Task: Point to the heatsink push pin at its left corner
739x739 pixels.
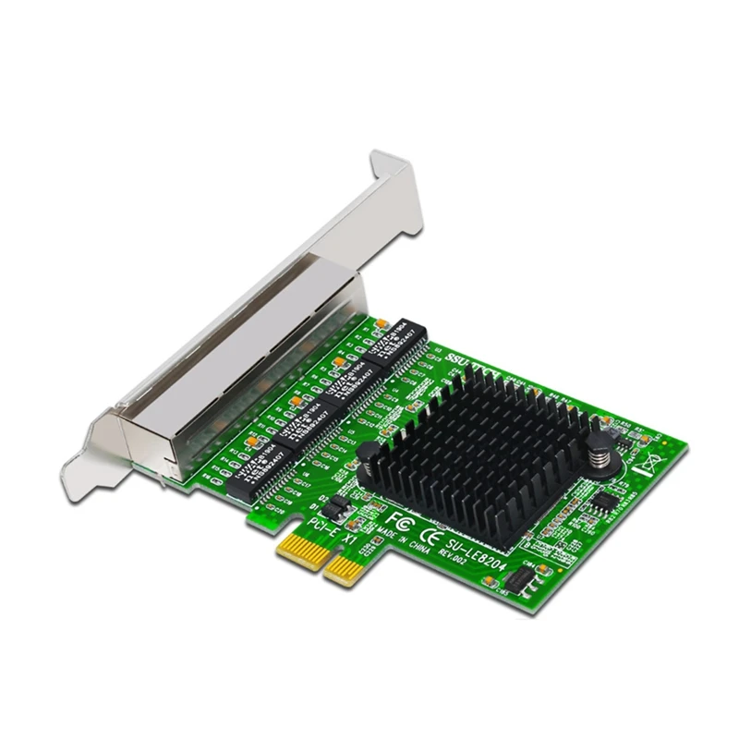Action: pos(372,455)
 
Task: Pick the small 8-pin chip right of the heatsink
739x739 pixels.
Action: pos(604,502)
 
